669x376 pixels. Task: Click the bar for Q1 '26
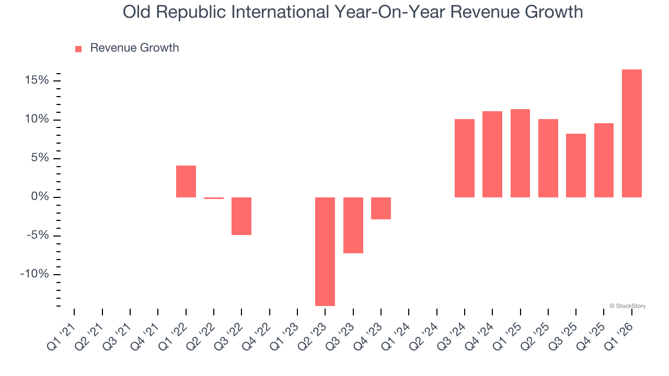tap(631, 133)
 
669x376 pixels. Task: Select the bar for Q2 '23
tap(325, 251)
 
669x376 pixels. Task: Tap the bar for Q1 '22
tap(186, 181)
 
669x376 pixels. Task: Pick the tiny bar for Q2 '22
tap(213, 198)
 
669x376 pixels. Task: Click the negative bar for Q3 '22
tap(241, 216)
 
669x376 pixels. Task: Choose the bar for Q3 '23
tap(353, 225)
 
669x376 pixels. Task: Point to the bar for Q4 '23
tap(380, 208)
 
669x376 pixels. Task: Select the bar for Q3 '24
tap(464, 158)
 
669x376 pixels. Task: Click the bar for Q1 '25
tap(520, 153)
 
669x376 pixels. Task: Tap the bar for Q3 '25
tap(575, 165)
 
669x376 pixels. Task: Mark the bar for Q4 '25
tap(604, 160)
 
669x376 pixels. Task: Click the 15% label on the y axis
tap(36, 80)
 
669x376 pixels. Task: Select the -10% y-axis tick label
tap(34, 274)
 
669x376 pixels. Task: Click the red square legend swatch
tap(78, 49)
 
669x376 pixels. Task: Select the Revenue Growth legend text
tap(134, 48)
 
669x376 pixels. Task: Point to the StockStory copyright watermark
tap(627, 306)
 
